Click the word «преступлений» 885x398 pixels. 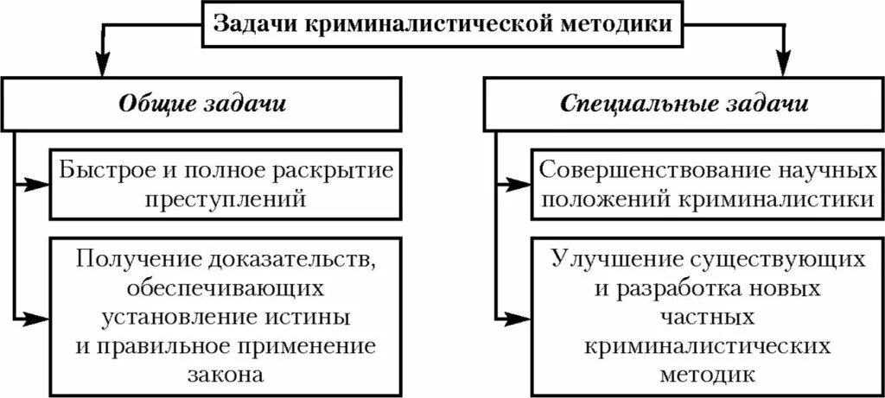226,199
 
